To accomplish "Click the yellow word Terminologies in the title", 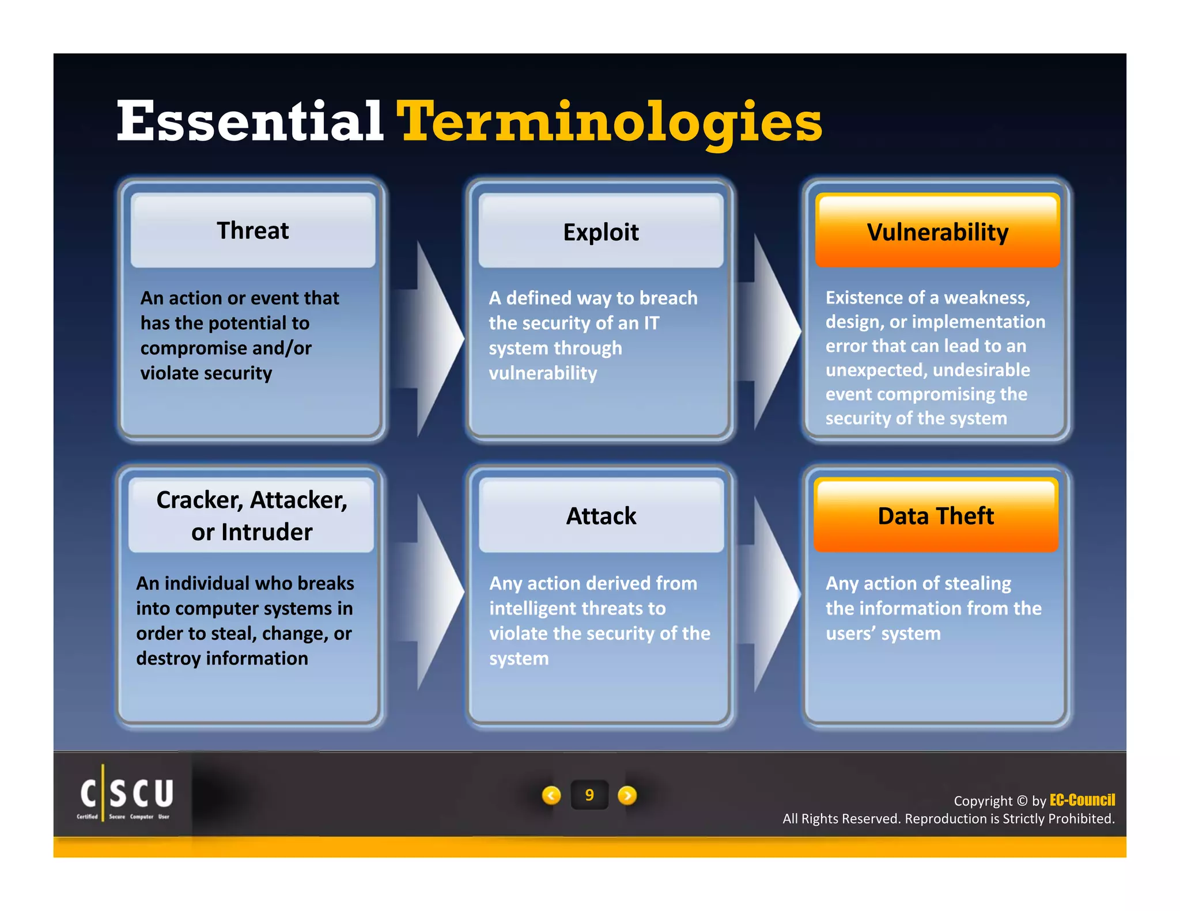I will [610, 122].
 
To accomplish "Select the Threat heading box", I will [253, 231].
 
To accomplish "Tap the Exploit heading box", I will [600, 232].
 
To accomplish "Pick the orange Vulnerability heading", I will [937, 232].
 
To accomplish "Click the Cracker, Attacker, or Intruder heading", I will [252, 515].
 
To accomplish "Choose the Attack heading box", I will [601, 515].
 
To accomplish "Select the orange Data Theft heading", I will [936, 515].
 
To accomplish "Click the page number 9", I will [589, 795].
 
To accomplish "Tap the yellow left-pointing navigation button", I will [551, 795].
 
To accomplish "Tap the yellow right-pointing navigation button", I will [627, 795].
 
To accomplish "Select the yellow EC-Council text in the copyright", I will [1082, 800].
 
